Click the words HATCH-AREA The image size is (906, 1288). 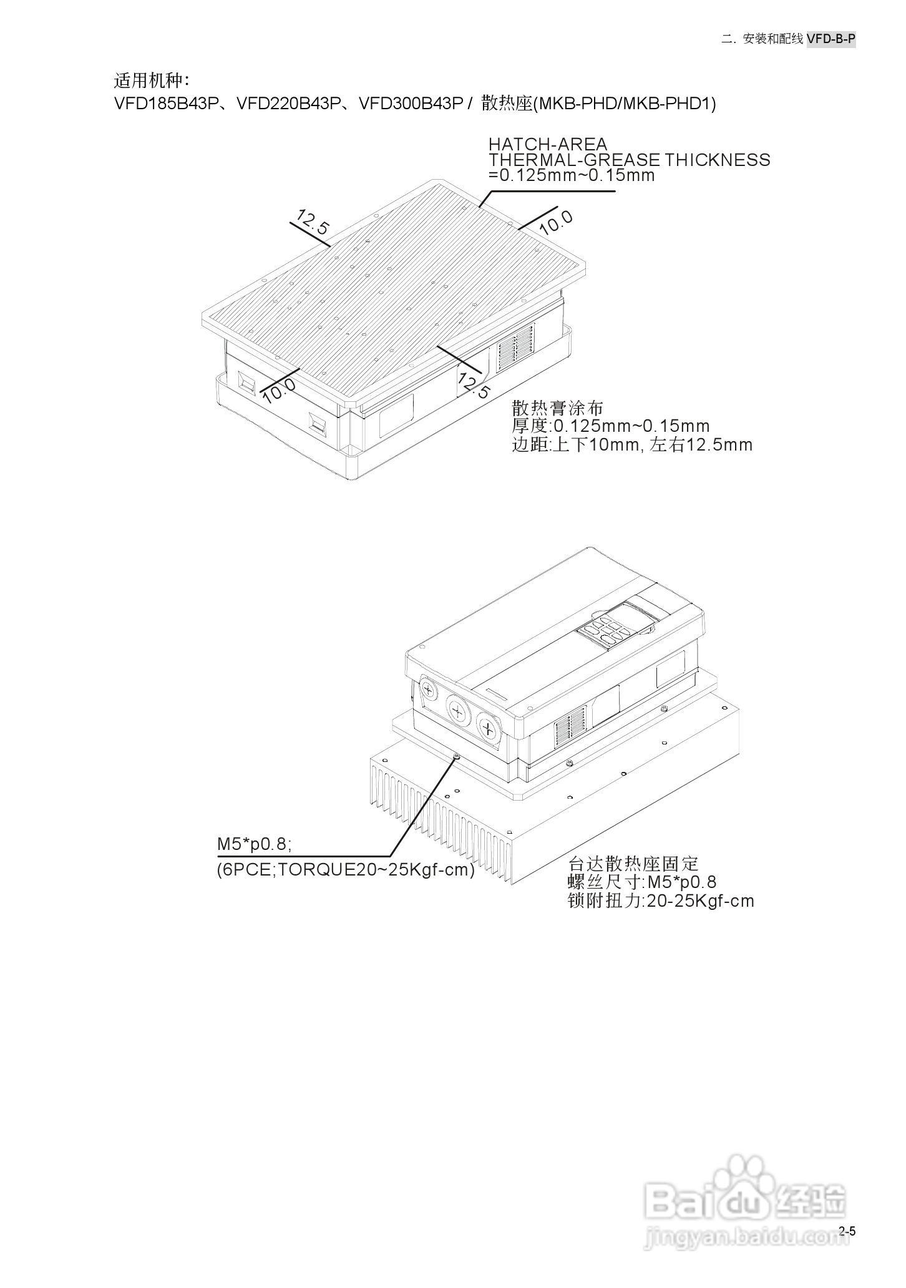tap(547, 145)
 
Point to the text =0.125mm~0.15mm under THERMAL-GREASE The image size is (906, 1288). tap(572, 175)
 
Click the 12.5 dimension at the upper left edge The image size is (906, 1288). tap(312, 222)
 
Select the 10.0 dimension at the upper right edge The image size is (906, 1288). tap(555, 222)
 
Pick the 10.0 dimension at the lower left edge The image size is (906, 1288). tap(278, 390)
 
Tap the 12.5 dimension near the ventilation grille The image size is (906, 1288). tap(474, 384)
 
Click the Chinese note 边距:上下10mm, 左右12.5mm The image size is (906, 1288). tap(632, 445)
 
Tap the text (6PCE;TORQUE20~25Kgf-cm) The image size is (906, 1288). tap(346, 869)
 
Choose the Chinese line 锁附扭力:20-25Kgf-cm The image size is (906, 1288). tap(661, 900)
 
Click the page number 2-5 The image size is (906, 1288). tap(847, 1231)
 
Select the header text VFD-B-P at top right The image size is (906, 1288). tap(830, 39)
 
